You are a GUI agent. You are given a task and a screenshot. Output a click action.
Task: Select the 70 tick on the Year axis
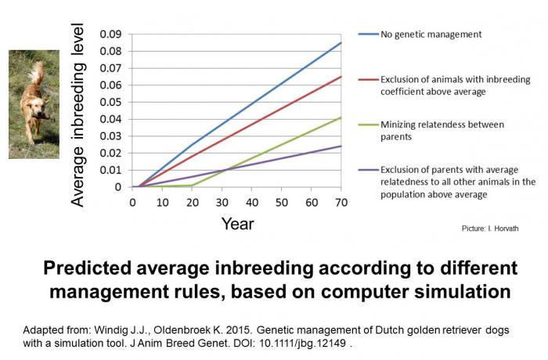tap(341, 201)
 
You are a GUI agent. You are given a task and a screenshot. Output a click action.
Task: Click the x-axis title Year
tap(237, 224)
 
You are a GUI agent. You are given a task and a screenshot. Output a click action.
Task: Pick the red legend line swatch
tap(368, 79)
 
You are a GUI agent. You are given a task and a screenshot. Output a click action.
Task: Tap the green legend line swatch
tap(368, 124)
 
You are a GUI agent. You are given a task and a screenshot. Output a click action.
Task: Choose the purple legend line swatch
tap(368, 169)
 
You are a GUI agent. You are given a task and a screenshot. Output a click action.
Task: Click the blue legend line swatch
tap(368, 34)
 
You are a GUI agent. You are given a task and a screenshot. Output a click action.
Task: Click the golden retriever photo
tap(34, 104)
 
